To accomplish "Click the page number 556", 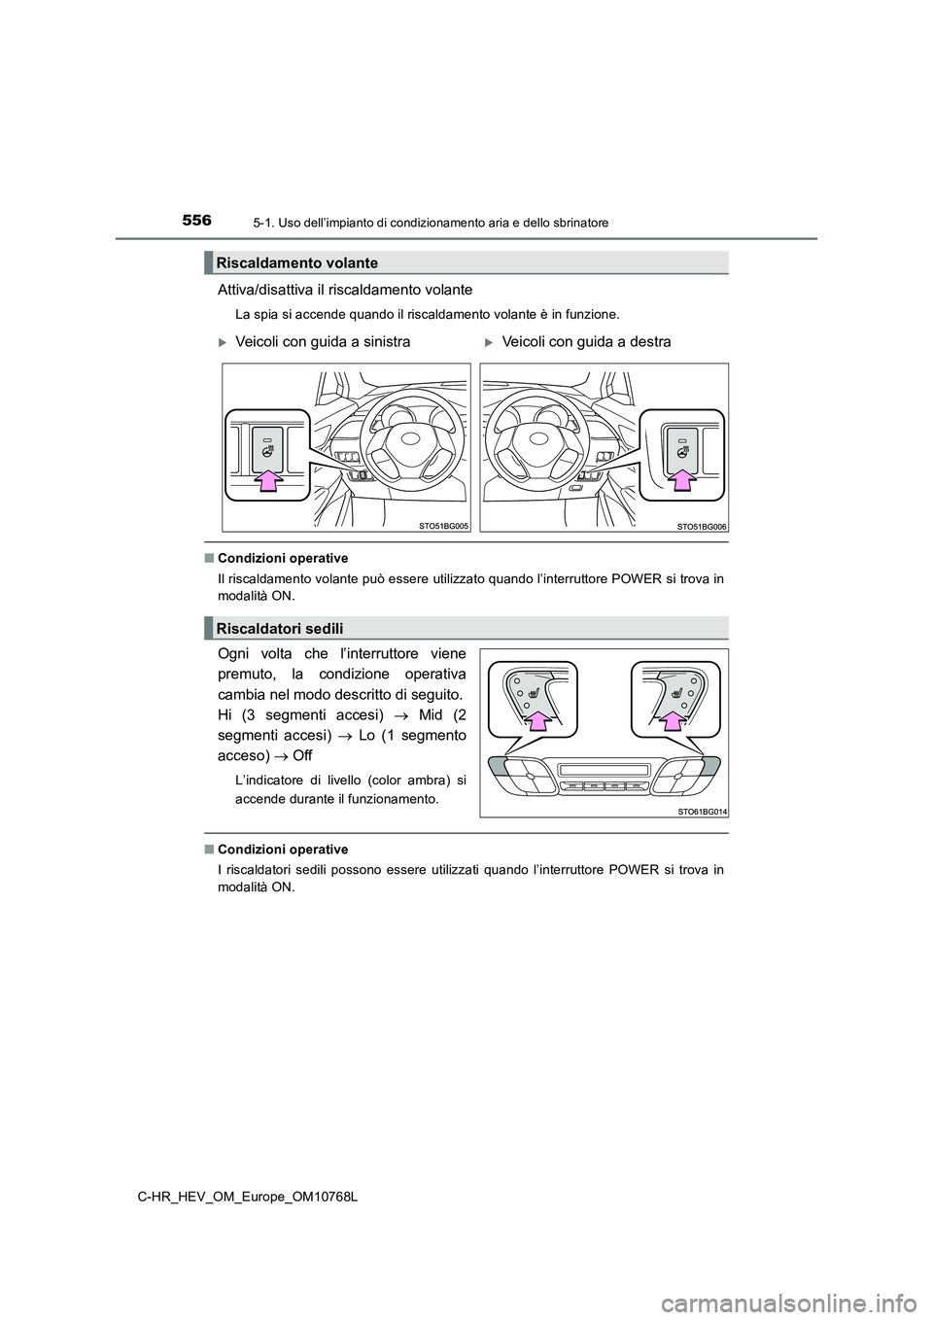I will tap(195, 221).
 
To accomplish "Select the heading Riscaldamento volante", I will tap(297, 262).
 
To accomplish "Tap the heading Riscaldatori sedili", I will tap(280, 627).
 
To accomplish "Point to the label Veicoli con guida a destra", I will tap(587, 342).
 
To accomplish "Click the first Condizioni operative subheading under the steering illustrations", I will tap(283, 558).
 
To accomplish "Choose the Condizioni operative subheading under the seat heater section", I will tap(283, 850).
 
